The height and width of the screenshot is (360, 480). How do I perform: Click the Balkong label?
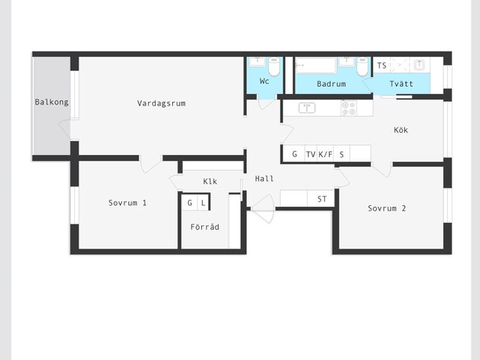(x=52, y=102)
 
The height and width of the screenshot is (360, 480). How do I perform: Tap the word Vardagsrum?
(x=161, y=103)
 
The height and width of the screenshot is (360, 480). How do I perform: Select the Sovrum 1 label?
(x=128, y=203)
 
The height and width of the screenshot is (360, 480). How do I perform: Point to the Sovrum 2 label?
(x=387, y=208)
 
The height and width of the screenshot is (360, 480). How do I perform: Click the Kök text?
(x=400, y=130)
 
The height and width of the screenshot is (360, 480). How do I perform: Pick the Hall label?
(x=264, y=179)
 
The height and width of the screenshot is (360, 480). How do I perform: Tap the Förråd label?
(x=204, y=227)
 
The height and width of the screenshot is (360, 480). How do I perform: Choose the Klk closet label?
(x=210, y=181)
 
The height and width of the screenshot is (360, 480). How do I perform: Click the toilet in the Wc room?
(x=274, y=66)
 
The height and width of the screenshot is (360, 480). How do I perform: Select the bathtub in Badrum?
(x=316, y=66)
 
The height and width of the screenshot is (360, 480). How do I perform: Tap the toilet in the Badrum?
(x=362, y=66)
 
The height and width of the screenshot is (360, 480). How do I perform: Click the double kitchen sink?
(x=307, y=108)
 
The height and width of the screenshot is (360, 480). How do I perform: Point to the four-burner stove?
(x=349, y=108)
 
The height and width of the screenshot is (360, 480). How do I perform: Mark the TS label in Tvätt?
(x=381, y=66)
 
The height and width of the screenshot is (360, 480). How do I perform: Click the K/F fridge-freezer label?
(x=325, y=154)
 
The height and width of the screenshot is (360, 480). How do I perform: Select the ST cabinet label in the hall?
(x=322, y=199)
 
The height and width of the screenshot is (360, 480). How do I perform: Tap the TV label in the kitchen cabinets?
(x=311, y=154)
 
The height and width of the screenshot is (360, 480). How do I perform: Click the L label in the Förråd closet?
(x=203, y=202)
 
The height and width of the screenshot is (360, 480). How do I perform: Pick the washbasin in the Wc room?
(x=257, y=62)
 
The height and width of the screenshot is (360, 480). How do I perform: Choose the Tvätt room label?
(x=401, y=83)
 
